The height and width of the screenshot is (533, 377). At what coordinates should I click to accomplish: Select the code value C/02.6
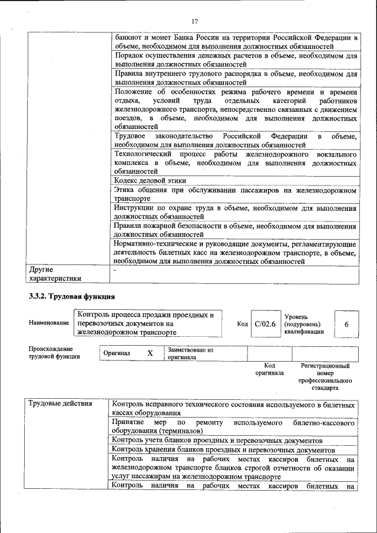(x=264, y=324)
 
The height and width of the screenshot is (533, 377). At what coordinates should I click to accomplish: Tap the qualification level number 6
(x=346, y=325)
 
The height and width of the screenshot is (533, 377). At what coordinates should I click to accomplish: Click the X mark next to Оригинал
(x=150, y=353)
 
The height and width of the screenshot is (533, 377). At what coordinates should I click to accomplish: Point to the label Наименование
(x=48, y=323)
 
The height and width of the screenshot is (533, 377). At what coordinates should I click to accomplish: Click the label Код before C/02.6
(x=242, y=324)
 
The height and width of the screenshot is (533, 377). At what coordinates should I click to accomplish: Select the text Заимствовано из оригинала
(x=190, y=353)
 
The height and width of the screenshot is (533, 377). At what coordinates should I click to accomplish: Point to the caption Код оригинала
(x=269, y=369)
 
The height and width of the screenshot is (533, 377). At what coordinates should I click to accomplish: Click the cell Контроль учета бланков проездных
(x=217, y=440)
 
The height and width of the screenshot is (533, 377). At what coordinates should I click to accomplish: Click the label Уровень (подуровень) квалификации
(x=304, y=324)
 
